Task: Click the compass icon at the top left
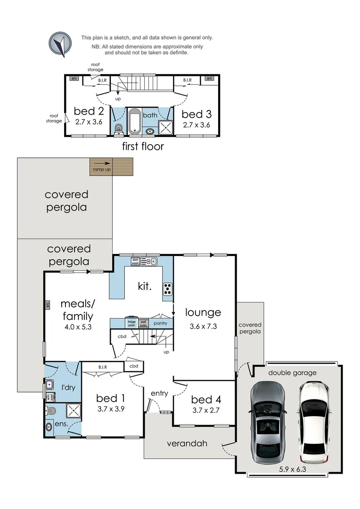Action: pyautogui.click(x=60, y=44)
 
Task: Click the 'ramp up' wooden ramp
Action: pyautogui.click(x=112, y=166)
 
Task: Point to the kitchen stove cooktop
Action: pyautogui.click(x=168, y=289)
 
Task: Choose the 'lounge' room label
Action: pyautogui.click(x=203, y=312)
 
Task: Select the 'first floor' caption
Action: pyautogui.click(x=143, y=146)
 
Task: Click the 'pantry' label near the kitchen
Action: pyautogui.click(x=160, y=323)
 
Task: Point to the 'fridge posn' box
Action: pyautogui.click(x=131, y=323)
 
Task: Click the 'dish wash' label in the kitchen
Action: pyautogui.click(x=135, y=262)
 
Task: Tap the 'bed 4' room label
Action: pyautogui.click(x=205, y=400)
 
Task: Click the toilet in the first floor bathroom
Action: pyautogui.click(x=118, y=128)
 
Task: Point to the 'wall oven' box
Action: pyautogui.click(x=144, y=323)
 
